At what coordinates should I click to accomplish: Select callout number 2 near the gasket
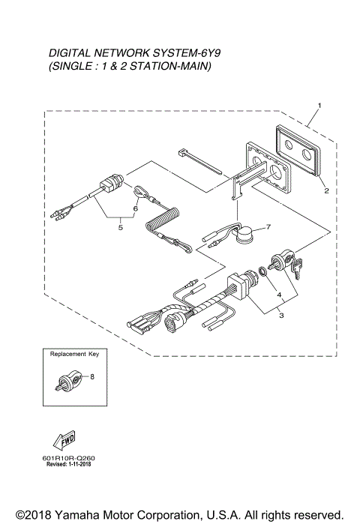point(327,191)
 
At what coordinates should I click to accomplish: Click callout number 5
point(120,228)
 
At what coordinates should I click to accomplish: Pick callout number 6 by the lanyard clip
point(135,201)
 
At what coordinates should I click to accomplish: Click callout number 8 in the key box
point(92,377)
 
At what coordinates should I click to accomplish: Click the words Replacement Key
point(73,353)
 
